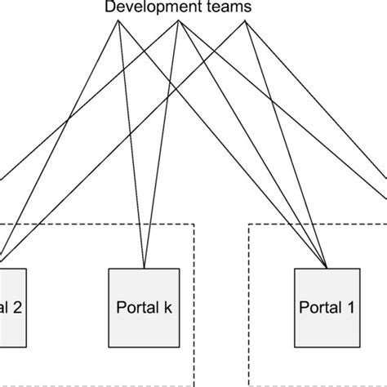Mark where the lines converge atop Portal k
pos(145,268)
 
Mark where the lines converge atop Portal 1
pos(327,268)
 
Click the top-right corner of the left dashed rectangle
pos(194,225)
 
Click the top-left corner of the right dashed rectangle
pos(248,225)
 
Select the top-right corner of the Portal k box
pos(180,268)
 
